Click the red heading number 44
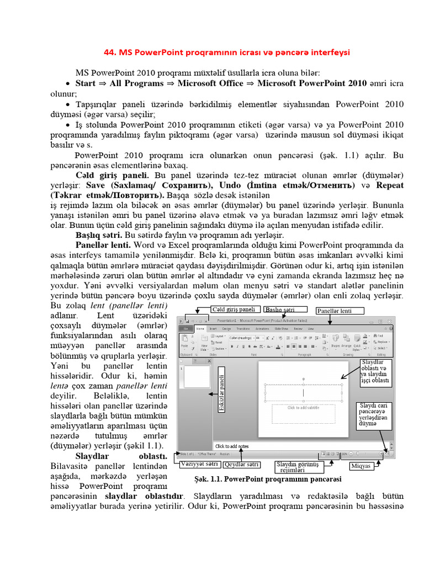[x=110, y=52]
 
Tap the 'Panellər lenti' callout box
[x=340, y=311]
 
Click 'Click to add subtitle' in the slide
[x=303, y=408]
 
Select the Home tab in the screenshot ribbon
[x=200, y=327]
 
